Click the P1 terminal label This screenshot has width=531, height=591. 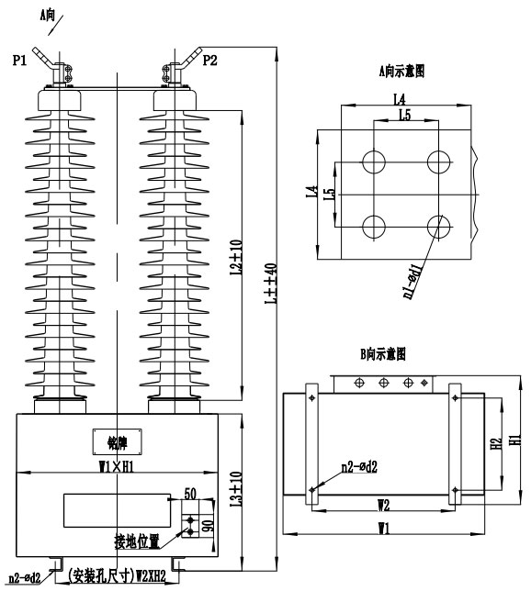tap(20, 61)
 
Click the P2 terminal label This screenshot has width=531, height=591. tap(209, 61)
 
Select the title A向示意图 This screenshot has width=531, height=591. tap(405, 70)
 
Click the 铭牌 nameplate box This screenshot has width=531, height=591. tap(107, 440)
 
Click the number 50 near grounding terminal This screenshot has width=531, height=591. tap(190, 494)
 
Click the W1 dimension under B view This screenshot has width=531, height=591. tap(383, 528)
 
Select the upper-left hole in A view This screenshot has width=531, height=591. tap(374, 162)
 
